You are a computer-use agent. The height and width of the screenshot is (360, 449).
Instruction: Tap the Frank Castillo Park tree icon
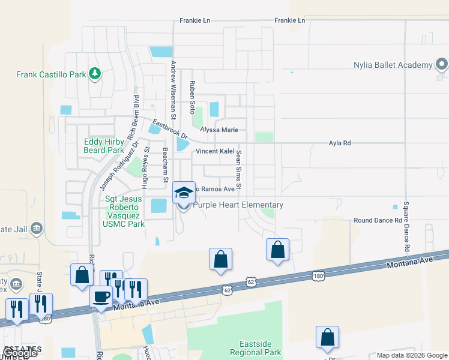tap(94, 74)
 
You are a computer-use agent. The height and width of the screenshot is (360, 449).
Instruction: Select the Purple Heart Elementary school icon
tap(184, 193)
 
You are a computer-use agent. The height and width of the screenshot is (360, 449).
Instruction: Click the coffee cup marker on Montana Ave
tap(101, 296)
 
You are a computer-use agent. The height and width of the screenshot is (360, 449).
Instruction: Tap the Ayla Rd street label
tap(339, 143)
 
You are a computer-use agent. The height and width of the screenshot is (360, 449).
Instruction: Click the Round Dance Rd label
tap(378, 220)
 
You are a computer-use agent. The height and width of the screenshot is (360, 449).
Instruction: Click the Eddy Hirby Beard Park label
tap(104, 146)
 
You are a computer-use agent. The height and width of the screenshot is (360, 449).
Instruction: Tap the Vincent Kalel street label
tap(214, 151)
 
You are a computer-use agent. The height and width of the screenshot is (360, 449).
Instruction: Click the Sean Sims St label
tap(238, 170)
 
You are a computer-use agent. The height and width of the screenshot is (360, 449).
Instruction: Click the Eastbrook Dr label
tap(169, 128)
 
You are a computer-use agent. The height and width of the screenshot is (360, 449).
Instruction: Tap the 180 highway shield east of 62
tap(319, 275)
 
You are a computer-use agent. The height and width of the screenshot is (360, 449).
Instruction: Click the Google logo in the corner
tap(20, 353)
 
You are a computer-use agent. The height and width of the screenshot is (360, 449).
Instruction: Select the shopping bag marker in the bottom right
tap(327, 338)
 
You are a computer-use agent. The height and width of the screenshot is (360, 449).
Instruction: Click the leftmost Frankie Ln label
tap(195, 20)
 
